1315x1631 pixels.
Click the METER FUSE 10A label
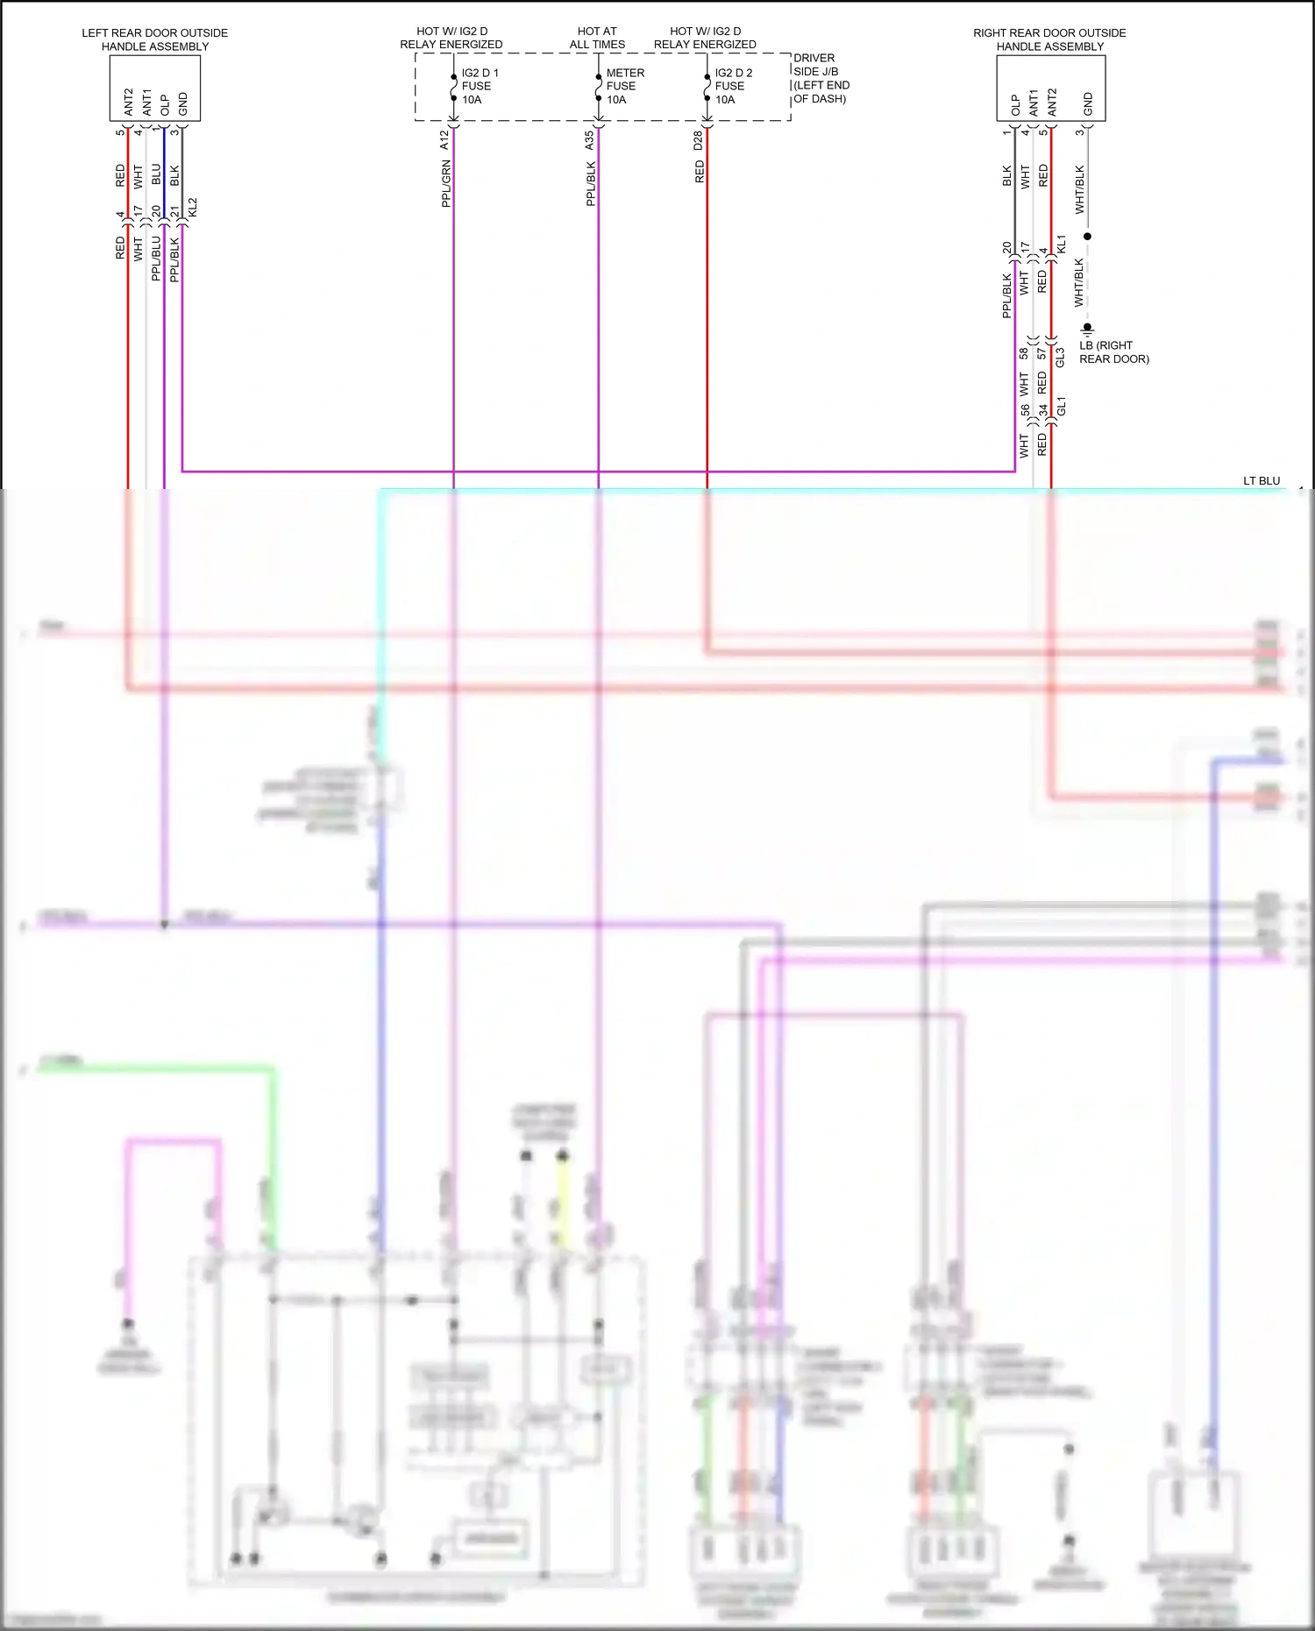tap(624, 86)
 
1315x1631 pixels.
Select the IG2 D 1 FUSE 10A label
tap(479, 86)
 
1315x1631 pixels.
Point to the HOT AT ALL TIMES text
tap(597, 38)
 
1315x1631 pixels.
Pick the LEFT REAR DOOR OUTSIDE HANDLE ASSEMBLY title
tap(155, 39)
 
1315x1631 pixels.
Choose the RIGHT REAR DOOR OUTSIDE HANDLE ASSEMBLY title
tap(1049, 39)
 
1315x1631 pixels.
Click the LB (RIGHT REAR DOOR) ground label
tap(1113, 351)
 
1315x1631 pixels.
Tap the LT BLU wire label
tap(1262, 480)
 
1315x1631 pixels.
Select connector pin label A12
tap(444, 139)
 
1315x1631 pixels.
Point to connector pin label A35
tap(589, 139)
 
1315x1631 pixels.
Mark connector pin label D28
tap(698, 140)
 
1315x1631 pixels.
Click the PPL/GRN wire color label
tap(446, 183)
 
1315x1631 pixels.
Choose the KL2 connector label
tap(193, 208)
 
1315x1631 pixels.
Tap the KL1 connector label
tap(1061, 245)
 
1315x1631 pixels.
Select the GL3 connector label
tap(1060, 358)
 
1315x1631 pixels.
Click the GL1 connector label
tap(1061, 406)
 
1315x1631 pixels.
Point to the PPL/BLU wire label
tap(156, 258)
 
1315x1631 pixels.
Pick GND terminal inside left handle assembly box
tap(183, 103)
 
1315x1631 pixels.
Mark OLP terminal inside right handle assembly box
tap(1015, 105)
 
